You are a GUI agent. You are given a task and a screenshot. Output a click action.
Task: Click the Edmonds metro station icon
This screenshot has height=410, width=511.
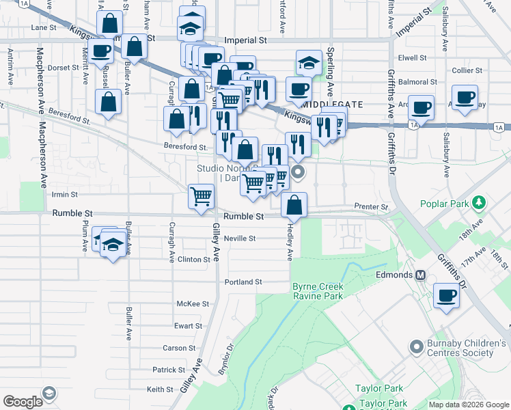tap(421, 275)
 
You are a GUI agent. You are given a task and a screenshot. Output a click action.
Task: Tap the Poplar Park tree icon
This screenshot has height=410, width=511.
tap(480, 202)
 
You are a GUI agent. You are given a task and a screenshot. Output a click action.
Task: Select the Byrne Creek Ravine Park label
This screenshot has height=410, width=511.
tap(317, 291)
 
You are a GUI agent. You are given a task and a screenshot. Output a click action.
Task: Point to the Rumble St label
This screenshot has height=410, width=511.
tap(244, 216)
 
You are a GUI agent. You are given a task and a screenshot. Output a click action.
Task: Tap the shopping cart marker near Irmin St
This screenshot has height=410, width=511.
tap(202, 197)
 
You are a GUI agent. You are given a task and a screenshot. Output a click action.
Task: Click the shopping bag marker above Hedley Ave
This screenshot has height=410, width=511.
tap(294, 204)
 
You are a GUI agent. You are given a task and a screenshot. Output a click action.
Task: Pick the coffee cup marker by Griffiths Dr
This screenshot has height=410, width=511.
tap(447, 296)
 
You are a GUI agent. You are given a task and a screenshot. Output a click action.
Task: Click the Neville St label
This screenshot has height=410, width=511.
tap(240, 238)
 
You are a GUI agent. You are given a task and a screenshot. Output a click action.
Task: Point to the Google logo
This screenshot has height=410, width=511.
tap(23, 402)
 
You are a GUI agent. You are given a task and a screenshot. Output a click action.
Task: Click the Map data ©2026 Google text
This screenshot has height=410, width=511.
tap(467, 404)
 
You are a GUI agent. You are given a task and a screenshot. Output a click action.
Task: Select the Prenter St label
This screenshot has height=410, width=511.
tap(371, 206)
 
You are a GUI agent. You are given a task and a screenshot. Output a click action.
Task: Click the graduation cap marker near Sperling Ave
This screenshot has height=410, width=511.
tap(309, 64)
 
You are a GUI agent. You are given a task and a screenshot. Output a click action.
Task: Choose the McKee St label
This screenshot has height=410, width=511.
tap(193, 303)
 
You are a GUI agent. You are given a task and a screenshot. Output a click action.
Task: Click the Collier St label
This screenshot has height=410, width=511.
tap(467, 70)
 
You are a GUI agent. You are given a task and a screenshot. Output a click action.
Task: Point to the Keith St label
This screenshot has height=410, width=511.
tap(160, 389)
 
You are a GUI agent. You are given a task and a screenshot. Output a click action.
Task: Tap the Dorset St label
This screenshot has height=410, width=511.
tap(64, 68)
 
